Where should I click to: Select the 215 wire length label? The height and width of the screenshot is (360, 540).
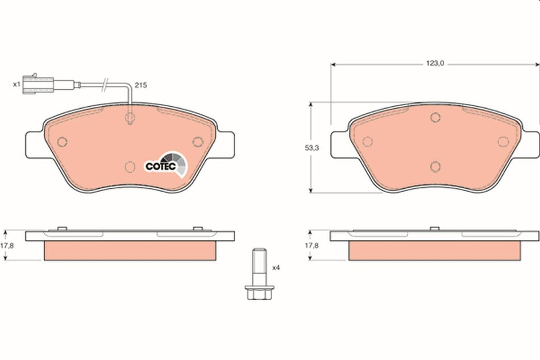click(x=141, y=85)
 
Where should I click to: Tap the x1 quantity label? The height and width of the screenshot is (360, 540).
click(x=16, y=85)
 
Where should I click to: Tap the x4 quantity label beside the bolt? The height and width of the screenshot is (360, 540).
click(x=276, y=267)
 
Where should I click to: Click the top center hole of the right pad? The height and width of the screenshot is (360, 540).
click(x=435, y=118)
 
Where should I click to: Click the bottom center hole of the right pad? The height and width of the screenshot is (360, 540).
click(x=435, y=166)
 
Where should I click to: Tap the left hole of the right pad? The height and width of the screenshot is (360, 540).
click(x=367, y=142)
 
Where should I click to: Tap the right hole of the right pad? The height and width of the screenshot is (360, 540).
click(x=502, y=142)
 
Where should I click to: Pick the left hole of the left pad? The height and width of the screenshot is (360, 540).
click(x=63, y=142)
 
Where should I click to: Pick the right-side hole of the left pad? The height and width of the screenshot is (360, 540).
click(x=198, y=142)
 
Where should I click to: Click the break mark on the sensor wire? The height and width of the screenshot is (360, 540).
click(x=103, y=86)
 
